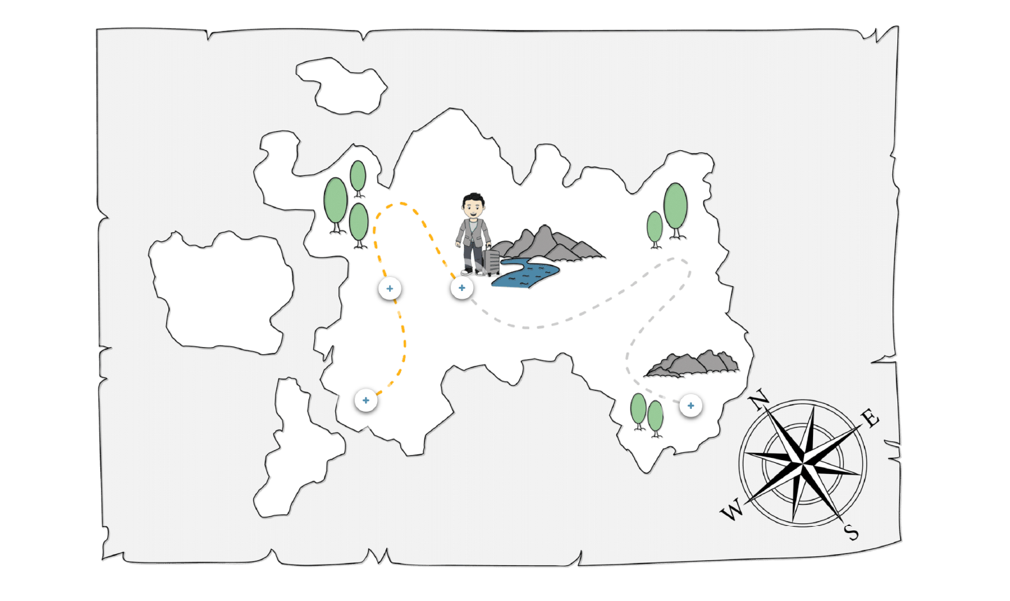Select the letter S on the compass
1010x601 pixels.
tap(851, 532)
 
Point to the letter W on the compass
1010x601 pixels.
tap(732, 511)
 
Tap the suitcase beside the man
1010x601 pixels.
tap(491, 261)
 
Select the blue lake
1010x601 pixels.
tap(526, 273)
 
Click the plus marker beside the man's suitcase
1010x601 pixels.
tap(462, 288)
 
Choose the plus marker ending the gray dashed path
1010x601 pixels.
tap(691, 405)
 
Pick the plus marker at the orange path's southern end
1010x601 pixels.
tap(366, 400)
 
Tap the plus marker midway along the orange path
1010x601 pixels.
tap(390, 288)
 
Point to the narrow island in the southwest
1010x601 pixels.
tap(294, 449)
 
